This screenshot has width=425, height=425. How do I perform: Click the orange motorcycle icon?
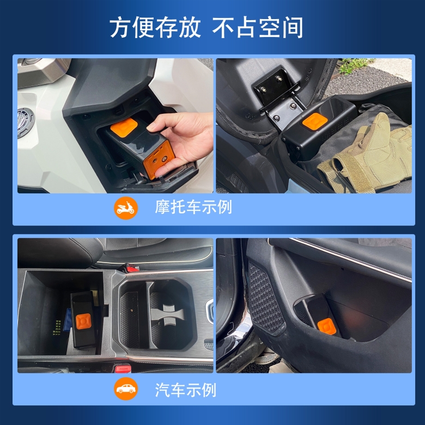[126, 208]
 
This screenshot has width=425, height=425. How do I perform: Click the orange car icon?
[126, 388]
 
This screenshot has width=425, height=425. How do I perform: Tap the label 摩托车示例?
[193, 207]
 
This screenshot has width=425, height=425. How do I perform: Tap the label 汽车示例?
[185, 390]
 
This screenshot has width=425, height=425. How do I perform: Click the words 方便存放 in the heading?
[155, 27]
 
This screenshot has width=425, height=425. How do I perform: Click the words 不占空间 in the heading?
[257, 27]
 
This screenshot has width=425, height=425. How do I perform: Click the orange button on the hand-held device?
[124, 126]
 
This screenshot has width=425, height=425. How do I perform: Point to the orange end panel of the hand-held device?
[155, 164]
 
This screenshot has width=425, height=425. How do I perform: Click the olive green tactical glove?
[366, 157]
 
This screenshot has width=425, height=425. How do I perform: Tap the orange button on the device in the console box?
[83, 320]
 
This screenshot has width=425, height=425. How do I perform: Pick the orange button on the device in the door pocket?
[326, 326]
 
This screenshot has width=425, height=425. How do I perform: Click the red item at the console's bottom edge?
[123, 368]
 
